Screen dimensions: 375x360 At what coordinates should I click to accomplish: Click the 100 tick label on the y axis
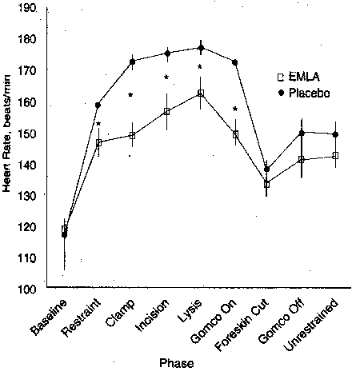click(26, 288)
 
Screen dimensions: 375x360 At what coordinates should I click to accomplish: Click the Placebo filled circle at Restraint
click(98, 105)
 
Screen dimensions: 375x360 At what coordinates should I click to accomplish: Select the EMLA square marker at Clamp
click(132, 135)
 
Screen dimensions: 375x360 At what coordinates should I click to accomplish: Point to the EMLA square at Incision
click(167, 111)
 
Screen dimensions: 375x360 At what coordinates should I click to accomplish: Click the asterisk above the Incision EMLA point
click(167, 77)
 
